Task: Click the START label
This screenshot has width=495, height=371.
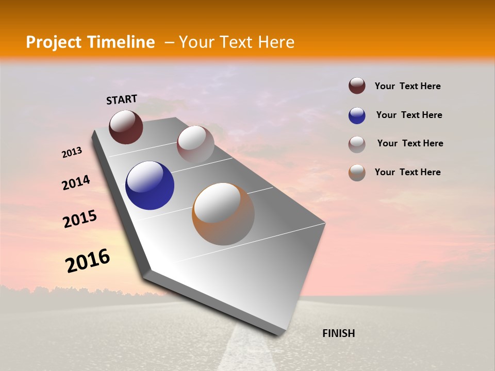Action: pos(122,99)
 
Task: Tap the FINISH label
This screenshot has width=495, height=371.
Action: pos(338,333)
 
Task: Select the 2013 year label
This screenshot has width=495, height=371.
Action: pos(72,153)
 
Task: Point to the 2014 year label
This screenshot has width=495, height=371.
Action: pos(76,182)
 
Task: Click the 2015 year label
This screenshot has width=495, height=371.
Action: pos(80,219)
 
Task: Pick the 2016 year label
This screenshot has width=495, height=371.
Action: pos(88,261)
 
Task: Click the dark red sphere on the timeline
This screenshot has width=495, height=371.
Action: pos(126,127)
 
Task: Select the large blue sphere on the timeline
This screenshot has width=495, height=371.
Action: pos(150,185)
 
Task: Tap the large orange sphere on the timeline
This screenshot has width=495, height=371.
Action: pos(223,214)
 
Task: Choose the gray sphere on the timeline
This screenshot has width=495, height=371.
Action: pos(195,144)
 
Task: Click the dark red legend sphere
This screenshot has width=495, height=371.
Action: pos(357,86)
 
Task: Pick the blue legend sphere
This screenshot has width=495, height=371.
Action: pos(357,115)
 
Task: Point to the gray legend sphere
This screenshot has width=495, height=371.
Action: pos(357,144)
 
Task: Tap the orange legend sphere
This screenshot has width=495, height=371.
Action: pos(357,173)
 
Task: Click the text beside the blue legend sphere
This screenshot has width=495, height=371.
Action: pos(409,115)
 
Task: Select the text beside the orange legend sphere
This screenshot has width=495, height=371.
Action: pos(407,172)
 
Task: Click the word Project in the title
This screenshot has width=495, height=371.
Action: pos(54,42)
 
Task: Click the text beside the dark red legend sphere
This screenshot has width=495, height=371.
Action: pos(407,86)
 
